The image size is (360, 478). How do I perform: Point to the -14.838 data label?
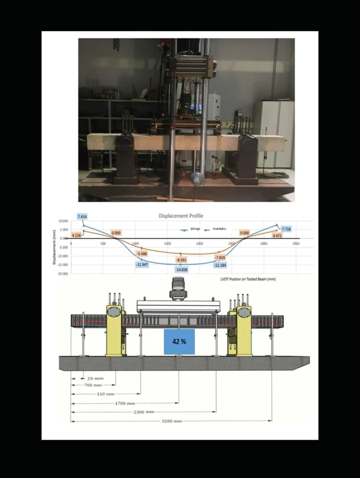tap(181, 270)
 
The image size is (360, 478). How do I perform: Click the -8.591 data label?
tap(181, 260)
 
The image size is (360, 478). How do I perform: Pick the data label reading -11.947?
tap(142, 264)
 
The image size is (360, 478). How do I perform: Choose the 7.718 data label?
tap(286, 229)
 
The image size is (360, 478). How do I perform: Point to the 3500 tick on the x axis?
tap(295, 244)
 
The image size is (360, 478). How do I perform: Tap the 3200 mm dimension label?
tap(172, 421)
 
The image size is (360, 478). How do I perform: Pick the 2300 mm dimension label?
tap(144, 412)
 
